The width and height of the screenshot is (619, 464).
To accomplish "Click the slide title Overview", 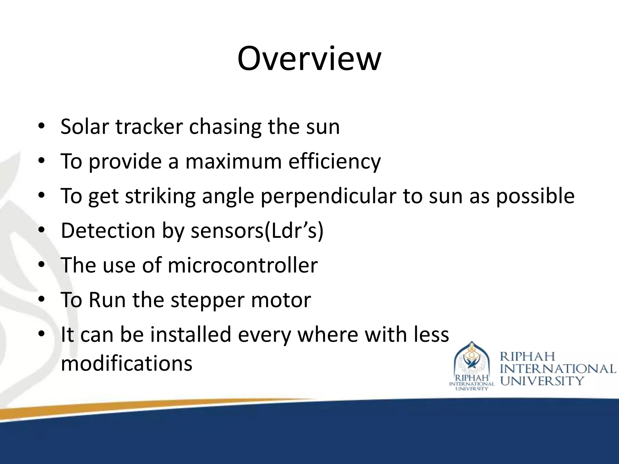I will coord(309,59).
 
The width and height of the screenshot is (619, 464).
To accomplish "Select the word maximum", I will coord(233,161).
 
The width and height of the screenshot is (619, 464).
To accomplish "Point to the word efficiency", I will coord(335,162).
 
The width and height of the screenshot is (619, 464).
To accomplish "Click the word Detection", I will coord(108,231).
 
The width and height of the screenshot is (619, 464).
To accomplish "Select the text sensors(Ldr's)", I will coord(257,231).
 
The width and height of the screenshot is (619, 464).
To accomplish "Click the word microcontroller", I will coord(242,265).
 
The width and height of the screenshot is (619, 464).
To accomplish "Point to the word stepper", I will coord(207,300).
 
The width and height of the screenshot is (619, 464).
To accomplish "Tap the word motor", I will coord(281,300).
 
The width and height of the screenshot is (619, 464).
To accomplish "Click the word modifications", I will coord(126,363).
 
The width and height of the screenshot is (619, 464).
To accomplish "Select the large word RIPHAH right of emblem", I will coord(527,357).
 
